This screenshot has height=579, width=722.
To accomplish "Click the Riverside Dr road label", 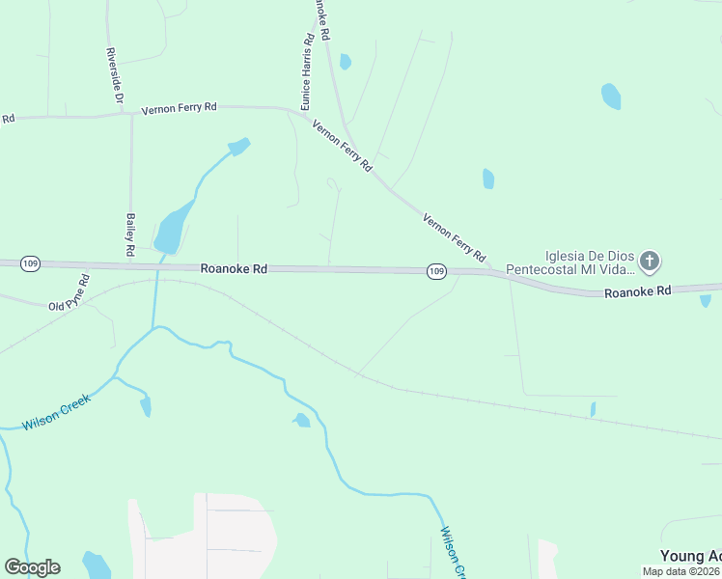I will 115,75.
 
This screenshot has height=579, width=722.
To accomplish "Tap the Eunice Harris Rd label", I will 306,73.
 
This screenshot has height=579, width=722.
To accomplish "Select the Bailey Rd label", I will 129,235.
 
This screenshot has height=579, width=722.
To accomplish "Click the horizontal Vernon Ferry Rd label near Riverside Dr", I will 179,108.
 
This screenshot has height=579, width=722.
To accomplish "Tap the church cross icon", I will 650,260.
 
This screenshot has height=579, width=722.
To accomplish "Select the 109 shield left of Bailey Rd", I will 30,263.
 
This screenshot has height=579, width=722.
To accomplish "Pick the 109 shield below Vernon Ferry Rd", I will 436,271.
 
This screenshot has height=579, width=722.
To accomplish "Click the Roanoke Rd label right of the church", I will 637,290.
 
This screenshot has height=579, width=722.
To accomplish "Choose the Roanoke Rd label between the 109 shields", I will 234,269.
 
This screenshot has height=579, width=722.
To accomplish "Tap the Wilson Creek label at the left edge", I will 56,412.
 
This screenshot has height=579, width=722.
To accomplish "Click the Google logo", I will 32,567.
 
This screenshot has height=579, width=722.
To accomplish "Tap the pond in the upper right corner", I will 611,96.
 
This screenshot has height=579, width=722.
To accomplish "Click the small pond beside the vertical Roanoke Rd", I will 345,62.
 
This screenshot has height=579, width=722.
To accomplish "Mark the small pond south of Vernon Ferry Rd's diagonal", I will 487,179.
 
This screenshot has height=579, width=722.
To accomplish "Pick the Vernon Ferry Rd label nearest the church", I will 454,238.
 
